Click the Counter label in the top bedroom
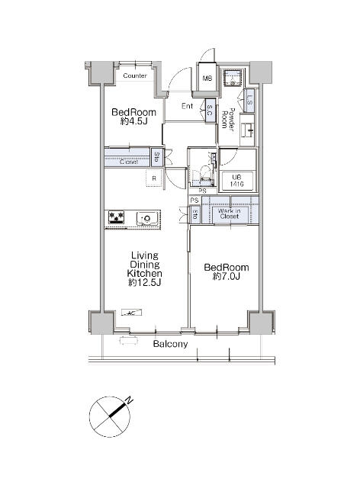coord(135,76)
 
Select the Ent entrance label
coord(187,106)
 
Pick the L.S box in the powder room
coord(250,100)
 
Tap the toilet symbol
coord(202,176)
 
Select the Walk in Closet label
coord(230,213)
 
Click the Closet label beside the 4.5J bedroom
coord(130,162)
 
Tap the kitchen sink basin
coord(146,220)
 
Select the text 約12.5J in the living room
coord(143,283)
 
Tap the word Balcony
coord(169,345)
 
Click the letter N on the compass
coord(130,400)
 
